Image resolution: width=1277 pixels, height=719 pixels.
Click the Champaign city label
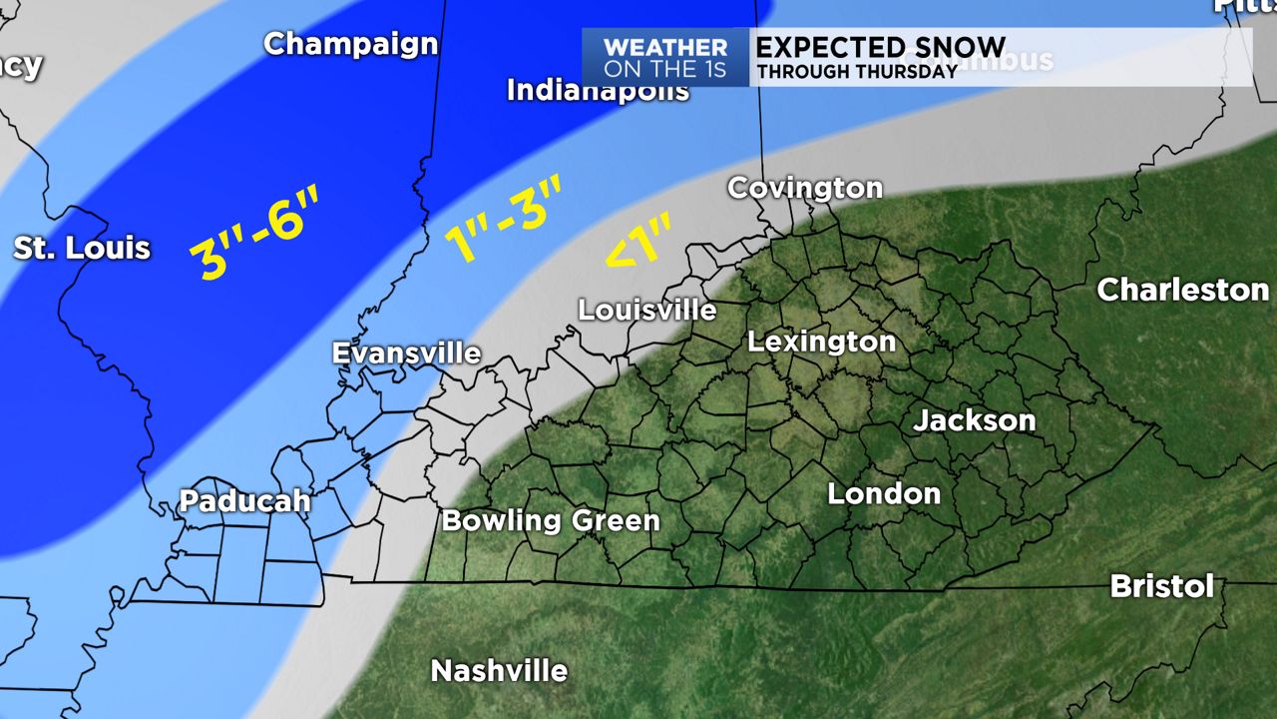pos(351,45)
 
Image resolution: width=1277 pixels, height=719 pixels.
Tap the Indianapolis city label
pos(598,91)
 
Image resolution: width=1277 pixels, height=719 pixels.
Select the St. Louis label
pos(82,248)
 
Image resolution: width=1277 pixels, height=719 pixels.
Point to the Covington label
pos(805,188)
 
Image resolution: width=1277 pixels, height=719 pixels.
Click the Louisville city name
pos(647,311)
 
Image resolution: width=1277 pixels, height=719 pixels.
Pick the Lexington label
pos(822,343)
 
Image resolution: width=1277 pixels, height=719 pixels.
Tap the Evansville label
pos(406,354)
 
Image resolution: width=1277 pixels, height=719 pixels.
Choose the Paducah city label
pos(245,501)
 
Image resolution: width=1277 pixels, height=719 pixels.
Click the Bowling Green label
pos(551,520)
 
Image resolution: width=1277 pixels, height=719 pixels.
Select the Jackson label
pos(975,420)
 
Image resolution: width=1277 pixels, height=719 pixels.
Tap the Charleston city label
pos(1183,291)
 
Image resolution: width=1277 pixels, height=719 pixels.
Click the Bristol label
pos(1162,586)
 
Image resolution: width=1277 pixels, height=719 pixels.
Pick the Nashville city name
pos(499,671)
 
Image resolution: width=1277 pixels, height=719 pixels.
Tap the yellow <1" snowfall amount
pos(637,243)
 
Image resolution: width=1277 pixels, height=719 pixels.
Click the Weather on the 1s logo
pos(665,57)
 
